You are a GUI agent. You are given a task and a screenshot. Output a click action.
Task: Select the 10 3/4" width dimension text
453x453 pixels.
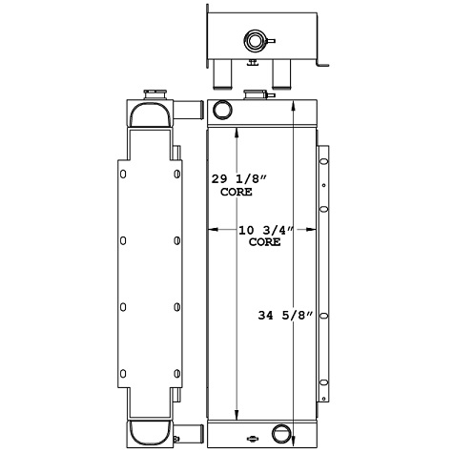pos(264,230)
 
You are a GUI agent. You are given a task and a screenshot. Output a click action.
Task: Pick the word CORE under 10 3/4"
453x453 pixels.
pos(264,243)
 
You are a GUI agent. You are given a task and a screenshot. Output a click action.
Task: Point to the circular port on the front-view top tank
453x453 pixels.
pos(222,109)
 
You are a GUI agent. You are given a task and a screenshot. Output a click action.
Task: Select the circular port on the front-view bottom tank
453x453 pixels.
pos(283,434)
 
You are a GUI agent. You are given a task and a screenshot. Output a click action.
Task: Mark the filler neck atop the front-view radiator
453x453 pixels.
pos(256,93)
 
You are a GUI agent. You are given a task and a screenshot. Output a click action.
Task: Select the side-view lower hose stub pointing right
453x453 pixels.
pos(190,436)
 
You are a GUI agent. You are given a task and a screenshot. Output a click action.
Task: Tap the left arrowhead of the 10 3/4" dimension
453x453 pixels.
pos(212,230)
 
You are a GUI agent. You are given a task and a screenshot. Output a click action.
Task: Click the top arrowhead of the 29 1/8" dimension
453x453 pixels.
pos(236,130)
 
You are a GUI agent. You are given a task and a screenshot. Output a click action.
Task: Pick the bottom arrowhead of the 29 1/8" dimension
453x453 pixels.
pos(236,418)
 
